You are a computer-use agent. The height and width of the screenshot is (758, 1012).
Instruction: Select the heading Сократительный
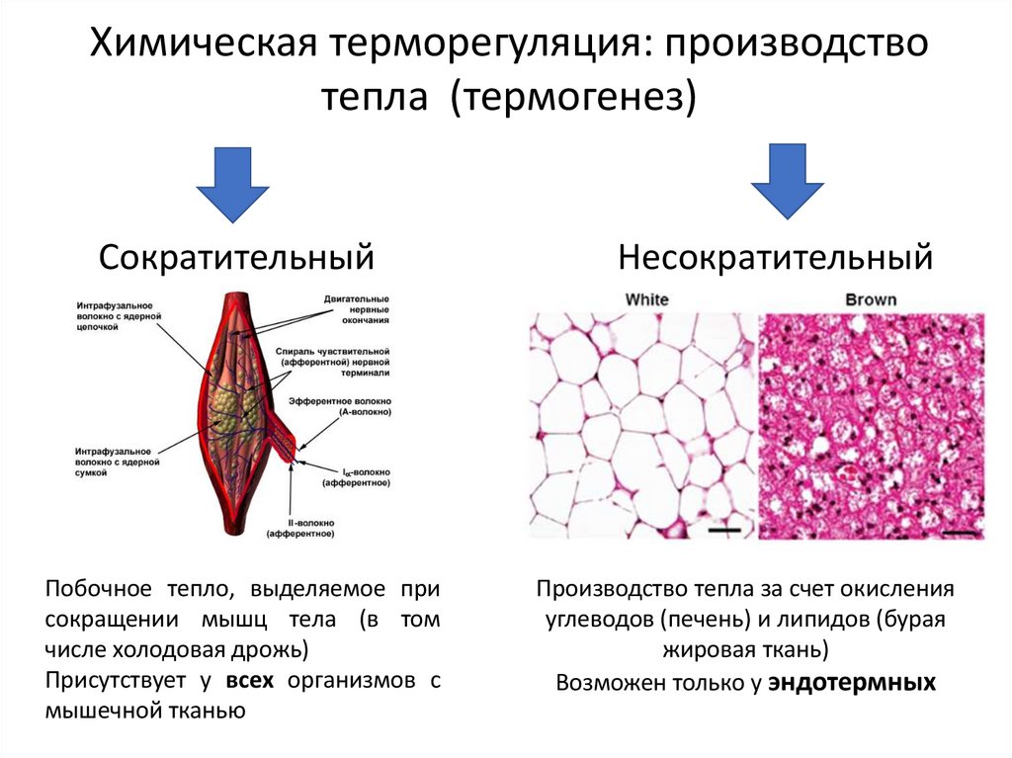coord(236,259)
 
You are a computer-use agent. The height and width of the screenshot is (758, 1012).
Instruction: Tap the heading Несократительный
coord(776,259)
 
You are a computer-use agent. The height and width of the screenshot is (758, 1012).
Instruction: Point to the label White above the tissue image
coord(647,299)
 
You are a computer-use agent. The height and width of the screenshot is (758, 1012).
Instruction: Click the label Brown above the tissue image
coord(871,299)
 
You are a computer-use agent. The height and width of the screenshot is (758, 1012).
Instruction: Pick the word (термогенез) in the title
coord(574,97)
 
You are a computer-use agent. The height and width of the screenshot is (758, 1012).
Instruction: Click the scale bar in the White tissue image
coord(724,531)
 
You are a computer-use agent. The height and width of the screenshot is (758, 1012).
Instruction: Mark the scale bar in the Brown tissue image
coord(958,532)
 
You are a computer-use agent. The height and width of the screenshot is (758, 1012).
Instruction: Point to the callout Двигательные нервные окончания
coord(356,308)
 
